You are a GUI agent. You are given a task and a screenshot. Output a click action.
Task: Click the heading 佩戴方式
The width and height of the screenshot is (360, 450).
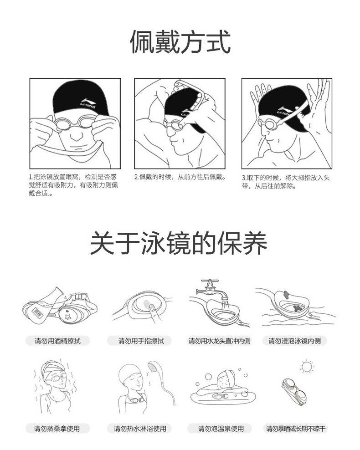180,42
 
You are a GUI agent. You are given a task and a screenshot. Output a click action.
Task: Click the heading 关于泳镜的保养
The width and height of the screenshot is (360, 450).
179,243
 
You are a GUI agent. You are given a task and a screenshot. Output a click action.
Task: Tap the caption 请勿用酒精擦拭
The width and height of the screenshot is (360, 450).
58,341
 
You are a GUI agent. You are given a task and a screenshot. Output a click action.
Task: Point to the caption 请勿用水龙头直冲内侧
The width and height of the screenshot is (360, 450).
219,341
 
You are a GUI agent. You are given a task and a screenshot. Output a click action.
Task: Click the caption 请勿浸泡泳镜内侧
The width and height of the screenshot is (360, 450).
294,341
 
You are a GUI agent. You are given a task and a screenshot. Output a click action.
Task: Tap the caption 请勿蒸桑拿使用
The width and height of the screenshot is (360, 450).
57,429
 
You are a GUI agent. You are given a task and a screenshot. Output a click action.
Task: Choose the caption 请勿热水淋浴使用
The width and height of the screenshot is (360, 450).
140,429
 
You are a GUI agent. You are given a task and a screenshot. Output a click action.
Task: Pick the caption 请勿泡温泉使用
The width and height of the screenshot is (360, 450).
221,429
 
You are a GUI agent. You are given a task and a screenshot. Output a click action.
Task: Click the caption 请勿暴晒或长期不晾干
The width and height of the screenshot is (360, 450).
296,429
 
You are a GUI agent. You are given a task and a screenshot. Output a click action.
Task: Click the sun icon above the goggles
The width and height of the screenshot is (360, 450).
307,367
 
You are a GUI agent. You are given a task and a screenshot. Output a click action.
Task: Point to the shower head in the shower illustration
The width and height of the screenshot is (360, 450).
154,368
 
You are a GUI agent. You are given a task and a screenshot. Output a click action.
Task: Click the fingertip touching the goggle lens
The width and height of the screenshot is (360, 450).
152,307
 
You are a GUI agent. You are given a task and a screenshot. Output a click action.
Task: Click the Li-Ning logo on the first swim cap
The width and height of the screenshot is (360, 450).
88,103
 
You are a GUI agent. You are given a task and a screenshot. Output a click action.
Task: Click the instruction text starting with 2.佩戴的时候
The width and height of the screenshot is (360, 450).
180,177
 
